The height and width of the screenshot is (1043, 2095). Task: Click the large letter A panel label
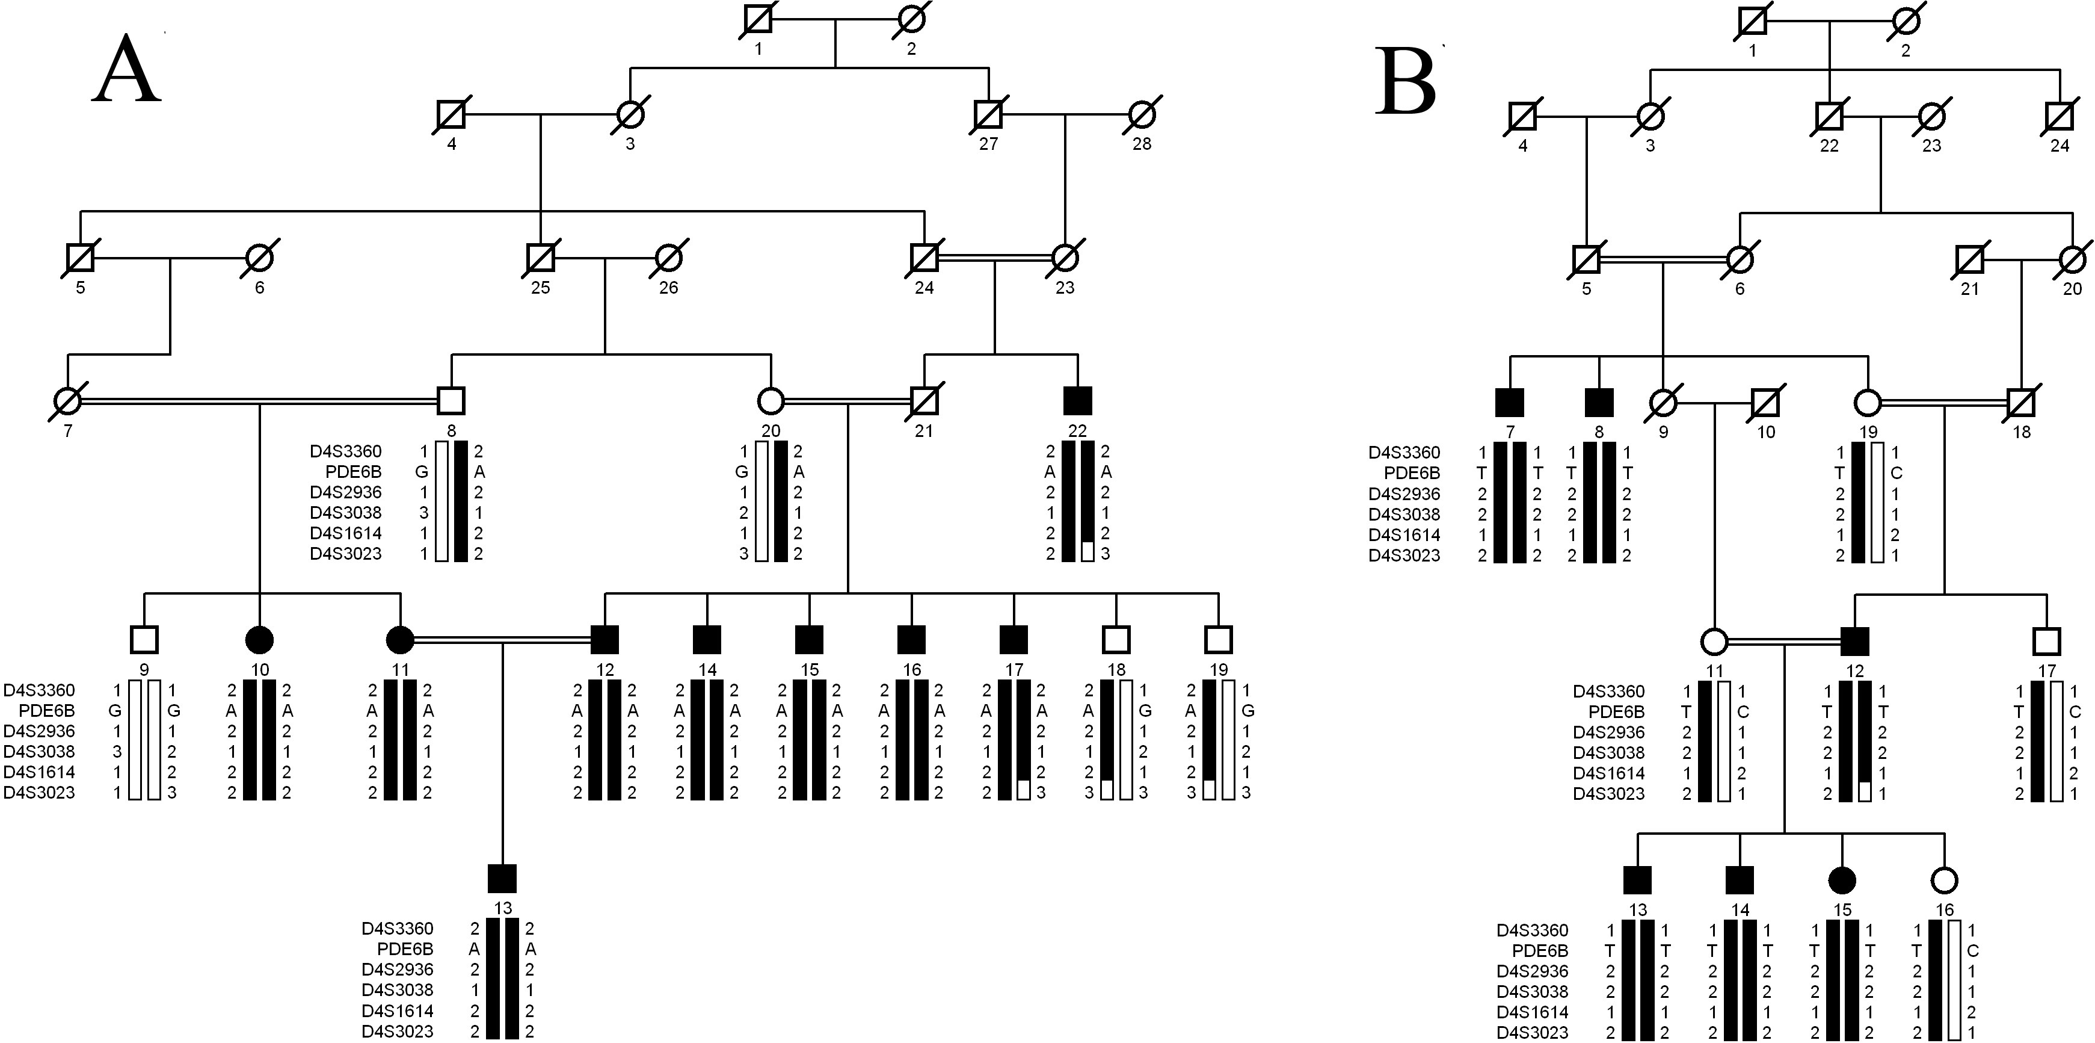pos(128,69)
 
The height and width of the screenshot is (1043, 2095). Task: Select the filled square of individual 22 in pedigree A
pos(1078,400)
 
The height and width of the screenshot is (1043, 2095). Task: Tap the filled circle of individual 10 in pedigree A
pos(259,640)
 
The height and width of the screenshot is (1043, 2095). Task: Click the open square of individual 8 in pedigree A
pos(451,400)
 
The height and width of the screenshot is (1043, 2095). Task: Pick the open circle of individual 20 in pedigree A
pos(770,400)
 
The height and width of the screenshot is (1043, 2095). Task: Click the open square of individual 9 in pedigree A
pos(144,640)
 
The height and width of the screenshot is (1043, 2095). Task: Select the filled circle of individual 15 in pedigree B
pos(1842,881)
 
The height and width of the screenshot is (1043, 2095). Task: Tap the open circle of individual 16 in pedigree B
pos(1944,881)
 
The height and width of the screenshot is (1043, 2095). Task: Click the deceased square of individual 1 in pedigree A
pos(758,19)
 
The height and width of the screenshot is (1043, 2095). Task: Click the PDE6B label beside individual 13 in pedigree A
pos(405,949)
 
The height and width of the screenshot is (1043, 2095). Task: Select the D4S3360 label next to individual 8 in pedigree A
pos(346,451)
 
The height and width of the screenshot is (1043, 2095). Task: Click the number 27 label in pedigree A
pos(988,144)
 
